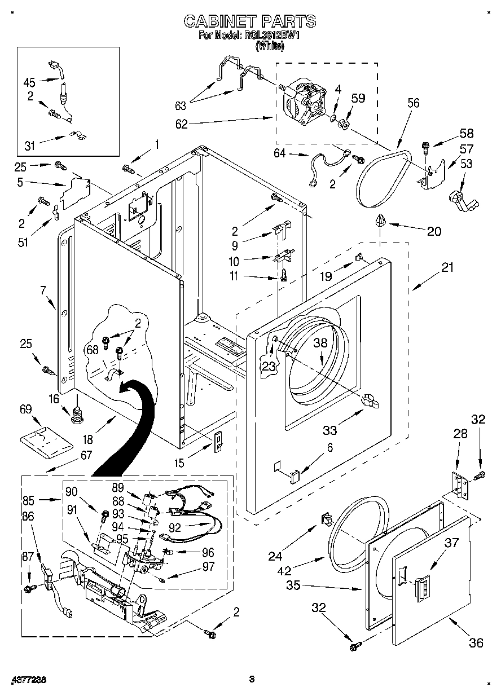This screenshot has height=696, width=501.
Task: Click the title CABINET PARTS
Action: point(250,21)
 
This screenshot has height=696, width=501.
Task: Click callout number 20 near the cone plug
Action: point(434,231)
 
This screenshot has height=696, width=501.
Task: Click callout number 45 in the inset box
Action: point(29,82)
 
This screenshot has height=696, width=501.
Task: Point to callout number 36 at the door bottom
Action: point(476,643)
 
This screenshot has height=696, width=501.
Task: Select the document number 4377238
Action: point(28,680)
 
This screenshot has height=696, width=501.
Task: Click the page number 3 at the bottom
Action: point(252,680)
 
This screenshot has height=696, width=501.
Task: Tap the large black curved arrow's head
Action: point(129,387)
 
